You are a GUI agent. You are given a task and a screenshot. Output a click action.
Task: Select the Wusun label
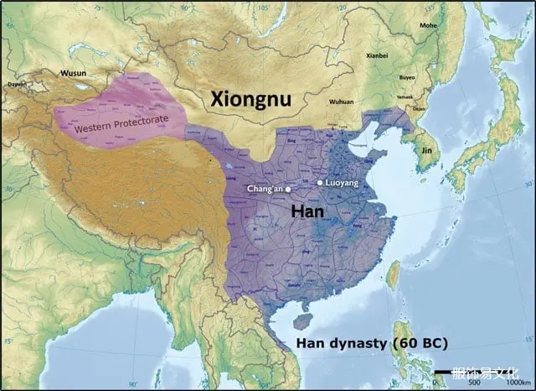pos(73,73)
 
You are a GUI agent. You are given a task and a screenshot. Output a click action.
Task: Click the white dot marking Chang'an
pos(289,189)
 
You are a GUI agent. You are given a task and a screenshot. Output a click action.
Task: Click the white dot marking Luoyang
pos(320,182)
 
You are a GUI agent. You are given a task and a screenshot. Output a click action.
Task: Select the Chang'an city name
pos(265,189)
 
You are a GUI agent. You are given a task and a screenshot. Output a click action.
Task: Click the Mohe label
pos(428,26)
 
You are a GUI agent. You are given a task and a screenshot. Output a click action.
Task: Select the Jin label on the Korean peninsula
pos(426,149)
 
